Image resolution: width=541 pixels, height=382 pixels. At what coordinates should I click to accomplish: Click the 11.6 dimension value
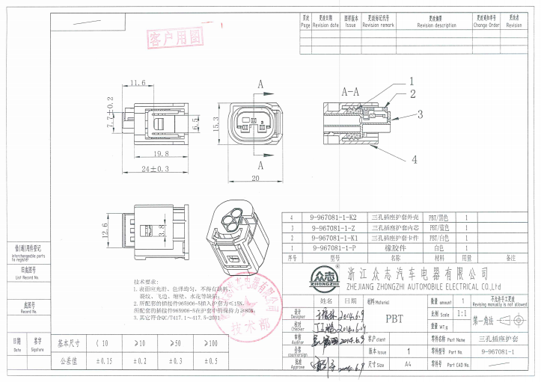pyautogui.click(x=138, y=83)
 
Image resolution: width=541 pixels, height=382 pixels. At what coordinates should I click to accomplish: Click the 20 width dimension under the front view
pyautogui.click(x=254, y=179)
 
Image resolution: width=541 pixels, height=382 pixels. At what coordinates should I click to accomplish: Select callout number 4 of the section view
pyautogui.click(x=413, y=159)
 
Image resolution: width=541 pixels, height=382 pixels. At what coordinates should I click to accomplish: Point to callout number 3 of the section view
pyautogui.click(x=420, y=114)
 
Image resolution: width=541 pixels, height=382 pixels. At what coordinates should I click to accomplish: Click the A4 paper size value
pyautogui.click(x=408, y=365)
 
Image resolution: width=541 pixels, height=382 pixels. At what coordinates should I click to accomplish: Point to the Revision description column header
pyautogui.click(x=435, y=22)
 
